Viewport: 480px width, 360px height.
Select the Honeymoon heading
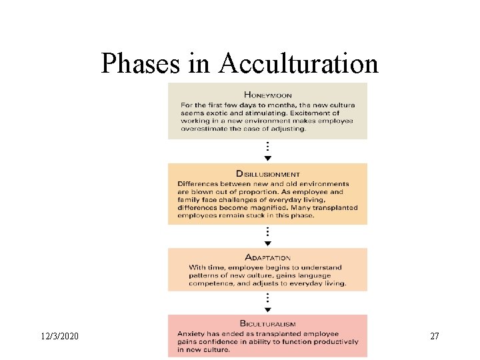coord(268,95)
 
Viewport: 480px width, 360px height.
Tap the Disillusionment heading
coord(268,175)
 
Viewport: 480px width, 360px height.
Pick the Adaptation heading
coord(268,257)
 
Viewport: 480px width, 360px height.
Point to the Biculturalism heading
coord(267,324)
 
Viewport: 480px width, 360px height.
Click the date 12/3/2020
coord(59,336)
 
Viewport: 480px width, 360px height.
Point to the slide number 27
coord(435,336)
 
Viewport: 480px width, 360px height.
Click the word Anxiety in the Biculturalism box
coord(193,333)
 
